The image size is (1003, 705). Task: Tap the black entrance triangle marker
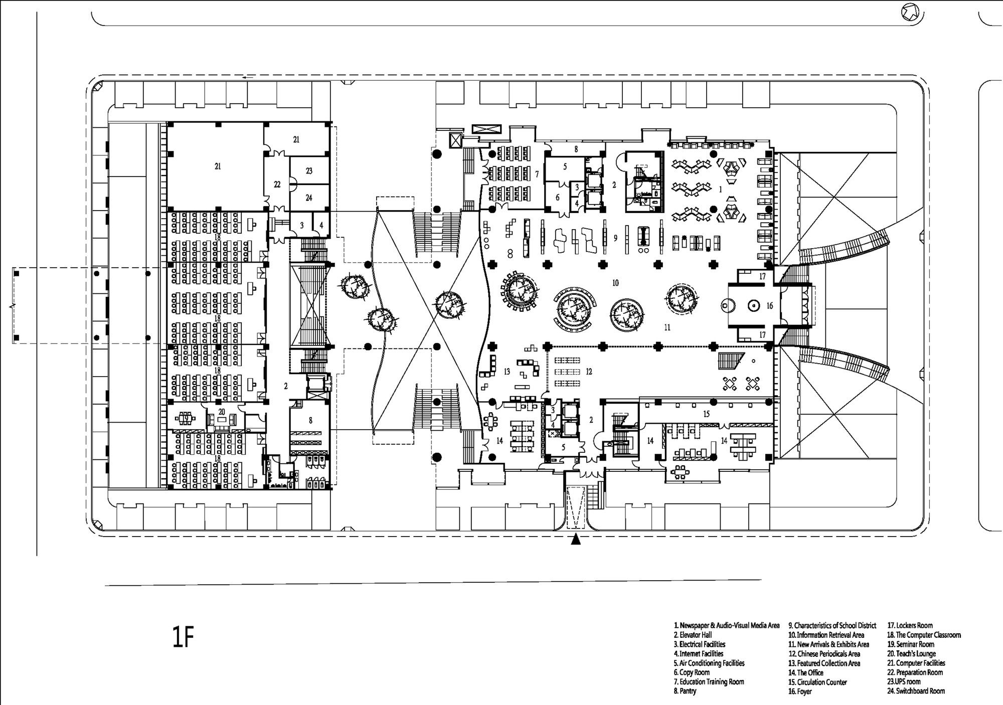coord(576,540)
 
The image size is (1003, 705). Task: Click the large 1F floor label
coord(183,638)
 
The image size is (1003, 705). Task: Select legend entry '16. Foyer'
coord(800,691)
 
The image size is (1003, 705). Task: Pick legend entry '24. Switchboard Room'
coord(916,691)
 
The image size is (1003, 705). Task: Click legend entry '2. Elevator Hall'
coord(693,635)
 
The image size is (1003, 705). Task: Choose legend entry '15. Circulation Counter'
coord(817,682)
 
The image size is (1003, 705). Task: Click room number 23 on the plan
coord(309,171)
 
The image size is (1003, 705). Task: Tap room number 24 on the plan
coord(309,198)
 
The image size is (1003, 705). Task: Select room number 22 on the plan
coord(277,185)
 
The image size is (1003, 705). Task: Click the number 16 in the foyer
coord(770,305)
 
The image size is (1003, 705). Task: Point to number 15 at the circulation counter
coord(707,414)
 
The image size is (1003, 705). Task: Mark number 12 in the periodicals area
coord(589,372)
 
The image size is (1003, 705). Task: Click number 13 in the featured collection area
coord(507,372)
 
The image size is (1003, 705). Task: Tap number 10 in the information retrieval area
coord(615,283)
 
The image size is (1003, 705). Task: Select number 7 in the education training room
coord(537,174)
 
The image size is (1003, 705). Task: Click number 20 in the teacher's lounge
coord(222,411)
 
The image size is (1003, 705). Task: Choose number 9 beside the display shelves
coord(615,238)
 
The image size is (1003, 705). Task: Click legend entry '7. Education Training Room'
coord(709,682)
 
